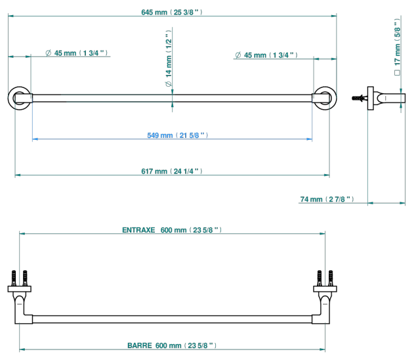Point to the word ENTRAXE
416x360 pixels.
pyautogui.click(x=138, y=230)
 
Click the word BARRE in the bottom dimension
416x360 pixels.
pyautogui.click(x=140, y=346)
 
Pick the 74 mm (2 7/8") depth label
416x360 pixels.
pyautogui.click(x=327, y=199)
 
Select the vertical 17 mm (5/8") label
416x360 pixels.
pyautogui.click(x=397, y=42)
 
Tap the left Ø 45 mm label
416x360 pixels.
pyautogui.click(x=76, y=53)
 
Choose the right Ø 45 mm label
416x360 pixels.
pyautogui.click(x=266, y=55)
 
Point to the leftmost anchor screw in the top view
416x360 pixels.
pyautogui.click(x=14, y=278)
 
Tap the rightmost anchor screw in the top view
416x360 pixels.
pyautogui.click(x=331, y=278)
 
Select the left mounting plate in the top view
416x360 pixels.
pyautogui.click(x=20, y=289)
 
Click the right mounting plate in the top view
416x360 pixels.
pyautogui.click(x=325, y=289)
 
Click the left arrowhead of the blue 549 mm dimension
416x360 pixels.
pyautogui.click(x=35, y=139)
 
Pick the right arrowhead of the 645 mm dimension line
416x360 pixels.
pyautogui.click(x=334, y=16)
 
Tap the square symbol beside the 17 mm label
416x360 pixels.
pyautogui.click(x=397, y=72)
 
